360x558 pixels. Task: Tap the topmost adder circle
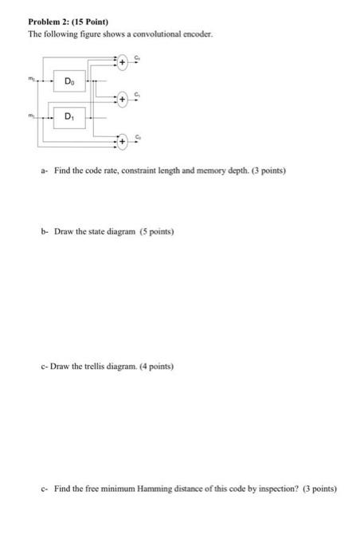tap(123, 61)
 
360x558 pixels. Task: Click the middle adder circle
tap(123, 100)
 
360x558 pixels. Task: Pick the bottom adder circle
tap(123, 139)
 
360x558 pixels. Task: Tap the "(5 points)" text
tap(156, 231)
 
